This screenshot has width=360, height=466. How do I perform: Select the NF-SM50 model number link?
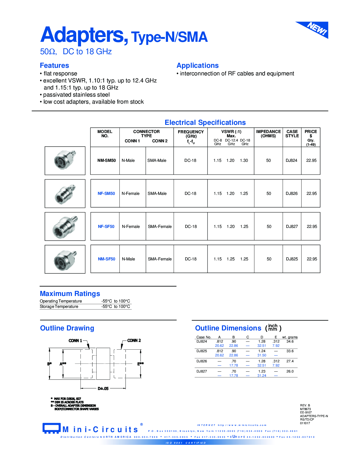click(106, 193)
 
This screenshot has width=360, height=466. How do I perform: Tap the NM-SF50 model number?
click(106, 259)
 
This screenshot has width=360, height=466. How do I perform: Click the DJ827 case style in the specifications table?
click(292, 227)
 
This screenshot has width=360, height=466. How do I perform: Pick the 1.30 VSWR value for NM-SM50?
click(244, 160)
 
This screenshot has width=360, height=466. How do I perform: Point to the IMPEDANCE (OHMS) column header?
click(268, 134)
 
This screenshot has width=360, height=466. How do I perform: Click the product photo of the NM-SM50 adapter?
click(65, 160)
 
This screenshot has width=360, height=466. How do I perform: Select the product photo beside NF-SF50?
click(65, 227)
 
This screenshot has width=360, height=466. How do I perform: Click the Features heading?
click(54, 66)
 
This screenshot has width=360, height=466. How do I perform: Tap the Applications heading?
click(197, 66)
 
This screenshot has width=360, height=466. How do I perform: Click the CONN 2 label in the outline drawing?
click(134, 341)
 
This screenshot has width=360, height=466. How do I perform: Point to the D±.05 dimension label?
click(103, 389)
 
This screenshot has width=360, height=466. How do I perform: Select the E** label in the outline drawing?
click(140, 364)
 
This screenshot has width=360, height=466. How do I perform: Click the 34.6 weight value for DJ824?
click(290, 341)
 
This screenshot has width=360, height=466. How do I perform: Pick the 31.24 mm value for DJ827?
click(262, 376)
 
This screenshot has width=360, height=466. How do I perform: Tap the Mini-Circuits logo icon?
click(51, 428)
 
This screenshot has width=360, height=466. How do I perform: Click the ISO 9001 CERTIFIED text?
click(186, 443)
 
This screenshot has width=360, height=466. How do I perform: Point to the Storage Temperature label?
click(59, 307)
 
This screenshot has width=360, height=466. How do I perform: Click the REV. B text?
click(305, 405)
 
